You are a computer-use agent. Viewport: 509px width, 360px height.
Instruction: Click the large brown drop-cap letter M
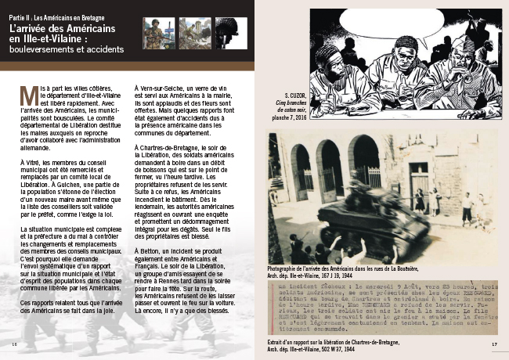tap(27, 95)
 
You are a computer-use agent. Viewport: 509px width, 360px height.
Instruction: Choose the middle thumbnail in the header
tap(194, 33)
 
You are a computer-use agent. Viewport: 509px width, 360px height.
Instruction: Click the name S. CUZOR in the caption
tap(286, 96)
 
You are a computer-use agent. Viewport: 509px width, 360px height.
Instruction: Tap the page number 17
tap(494, 344)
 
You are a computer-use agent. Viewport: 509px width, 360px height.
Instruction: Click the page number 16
tap(14, 344)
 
